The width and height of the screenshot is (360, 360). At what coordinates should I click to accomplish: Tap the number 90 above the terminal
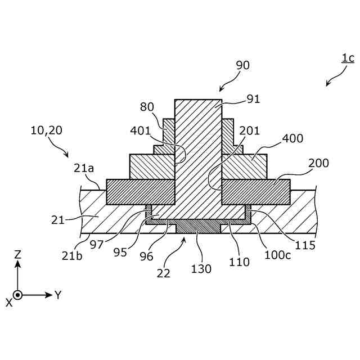242,65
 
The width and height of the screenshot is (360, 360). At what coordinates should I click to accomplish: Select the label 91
254,100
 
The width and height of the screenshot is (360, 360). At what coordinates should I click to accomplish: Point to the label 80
147,106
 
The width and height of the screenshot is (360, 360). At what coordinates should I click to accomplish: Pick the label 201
249,131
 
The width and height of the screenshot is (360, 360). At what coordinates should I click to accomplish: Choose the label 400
292,138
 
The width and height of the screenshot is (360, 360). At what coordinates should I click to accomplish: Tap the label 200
318,163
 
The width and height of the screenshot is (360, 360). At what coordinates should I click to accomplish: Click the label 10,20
47,130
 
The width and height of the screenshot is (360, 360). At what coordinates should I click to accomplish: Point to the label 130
201,269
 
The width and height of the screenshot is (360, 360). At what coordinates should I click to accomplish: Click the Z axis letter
17,254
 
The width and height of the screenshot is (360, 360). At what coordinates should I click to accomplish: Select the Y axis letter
57,295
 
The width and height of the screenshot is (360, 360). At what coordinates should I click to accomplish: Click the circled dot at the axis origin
17,295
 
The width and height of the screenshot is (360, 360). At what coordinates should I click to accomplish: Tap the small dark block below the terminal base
198,228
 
